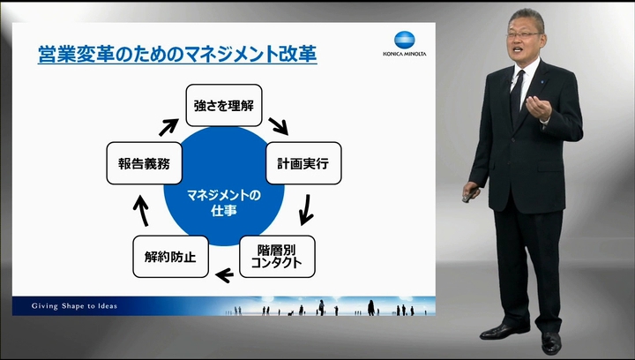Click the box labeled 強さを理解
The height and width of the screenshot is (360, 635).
pyautogui.click(x=224, y=105)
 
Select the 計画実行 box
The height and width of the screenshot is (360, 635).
pyautogui.click(x=303, y=163)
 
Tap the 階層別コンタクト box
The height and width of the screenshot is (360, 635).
pyautogui.click(x=277, y=257)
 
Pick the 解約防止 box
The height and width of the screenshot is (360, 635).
pyautogui.click(x=170, y=257)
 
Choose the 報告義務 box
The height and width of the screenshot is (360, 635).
pyautogui.click(x=144, y=163)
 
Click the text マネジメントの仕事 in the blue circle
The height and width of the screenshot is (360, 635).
pyautogui.click(x=224, y=203)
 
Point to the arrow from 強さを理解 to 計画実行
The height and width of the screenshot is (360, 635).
pyautogui.click(x=278, y=126)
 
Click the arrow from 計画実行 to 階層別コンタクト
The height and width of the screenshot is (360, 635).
pyautogui.click(x=306, y=210)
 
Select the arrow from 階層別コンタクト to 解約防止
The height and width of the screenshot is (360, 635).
pyautogui.click(x=224, y=275)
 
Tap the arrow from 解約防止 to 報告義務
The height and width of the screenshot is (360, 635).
pyautogui.click(x=141, y=211)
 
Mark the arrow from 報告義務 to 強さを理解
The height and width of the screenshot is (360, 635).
pyautogui.click(x=168, y=127)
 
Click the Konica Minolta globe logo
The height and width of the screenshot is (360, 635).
pyautogui.click(x=405, y=40)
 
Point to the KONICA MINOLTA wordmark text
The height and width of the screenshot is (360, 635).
pyautogui.click(x=405, y=54)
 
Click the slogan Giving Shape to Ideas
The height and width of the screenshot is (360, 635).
pyautogui.click(x=74, y=306)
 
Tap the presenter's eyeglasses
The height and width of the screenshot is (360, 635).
pyautogui.click(x=524, y=35)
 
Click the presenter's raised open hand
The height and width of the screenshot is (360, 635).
pyautogui.click(x=539, y=108)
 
